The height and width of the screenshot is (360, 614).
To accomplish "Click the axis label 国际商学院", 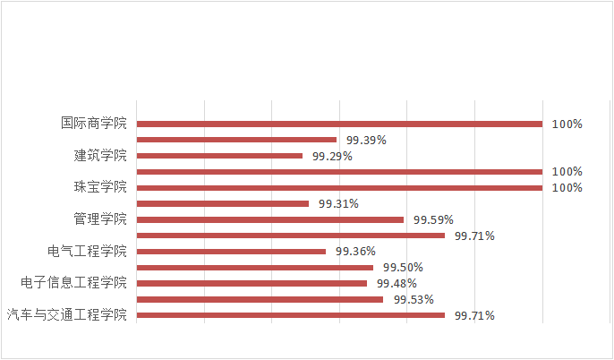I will [x=94, y=124].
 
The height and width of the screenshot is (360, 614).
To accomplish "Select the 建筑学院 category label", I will [x=100, y=156].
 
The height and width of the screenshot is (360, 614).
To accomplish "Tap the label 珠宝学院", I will [x=100, y=187].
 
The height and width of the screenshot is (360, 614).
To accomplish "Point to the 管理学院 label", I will [x=100, y=219].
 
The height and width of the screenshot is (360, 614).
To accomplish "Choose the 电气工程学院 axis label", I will [x=87, y=251].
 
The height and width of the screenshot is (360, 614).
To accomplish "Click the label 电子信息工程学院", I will [x=73, y=283].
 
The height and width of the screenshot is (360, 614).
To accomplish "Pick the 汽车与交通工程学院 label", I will [x=66, y=315].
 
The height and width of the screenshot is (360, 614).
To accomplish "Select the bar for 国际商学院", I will [x=339, y=124].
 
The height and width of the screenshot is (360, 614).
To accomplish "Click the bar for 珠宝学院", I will [x=339, y=187].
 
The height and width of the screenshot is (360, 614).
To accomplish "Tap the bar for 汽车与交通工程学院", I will [x=290, y=315].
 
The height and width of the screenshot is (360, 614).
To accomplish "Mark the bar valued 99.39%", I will [x=236, y=140].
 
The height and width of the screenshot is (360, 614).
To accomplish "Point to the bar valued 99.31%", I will [x=222, y=203].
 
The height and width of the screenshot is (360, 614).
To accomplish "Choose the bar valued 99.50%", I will [x=254, y=267].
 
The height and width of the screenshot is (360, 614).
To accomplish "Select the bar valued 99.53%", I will [x=260, y=299].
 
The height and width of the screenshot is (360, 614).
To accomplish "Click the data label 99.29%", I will [x=332, y=156].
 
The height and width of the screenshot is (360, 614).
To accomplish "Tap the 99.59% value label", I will [x=433, y=219].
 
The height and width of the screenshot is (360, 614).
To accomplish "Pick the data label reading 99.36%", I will [x=355, y=251].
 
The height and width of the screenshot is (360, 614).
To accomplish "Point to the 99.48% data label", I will [x=397, y=283].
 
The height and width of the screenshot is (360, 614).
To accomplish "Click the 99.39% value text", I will [x=366, y=140].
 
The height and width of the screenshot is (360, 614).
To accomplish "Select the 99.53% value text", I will [x=414, y=299].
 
